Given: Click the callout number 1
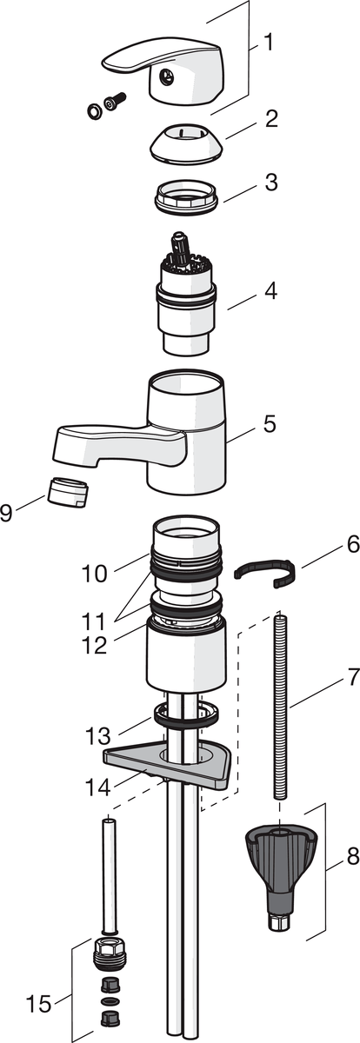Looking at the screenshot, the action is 268,43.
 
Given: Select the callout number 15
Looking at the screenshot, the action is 38,1000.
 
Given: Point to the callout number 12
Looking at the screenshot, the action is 95,644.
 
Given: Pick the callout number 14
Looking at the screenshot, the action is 97,787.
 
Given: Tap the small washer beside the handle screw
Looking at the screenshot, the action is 94,111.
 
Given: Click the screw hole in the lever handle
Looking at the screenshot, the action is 165,76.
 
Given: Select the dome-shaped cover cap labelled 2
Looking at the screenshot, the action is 186,145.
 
